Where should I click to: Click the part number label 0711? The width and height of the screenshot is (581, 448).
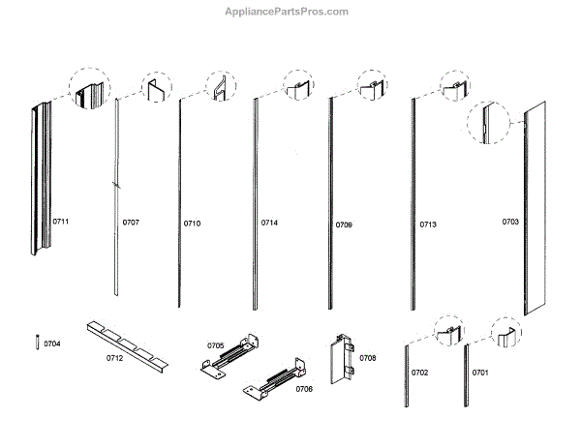coord(61,223)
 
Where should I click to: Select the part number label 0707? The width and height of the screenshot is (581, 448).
coord(131,224)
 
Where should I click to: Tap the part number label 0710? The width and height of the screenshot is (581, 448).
coord(192,224)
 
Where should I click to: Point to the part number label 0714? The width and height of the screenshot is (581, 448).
coord(269,224)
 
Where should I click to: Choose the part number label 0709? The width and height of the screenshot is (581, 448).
coord(344,224)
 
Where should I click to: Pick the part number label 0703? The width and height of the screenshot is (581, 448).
coord(510,223)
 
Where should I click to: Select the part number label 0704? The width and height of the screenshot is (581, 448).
coord(51,343)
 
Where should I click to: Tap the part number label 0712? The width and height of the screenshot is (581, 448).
coord(114,358)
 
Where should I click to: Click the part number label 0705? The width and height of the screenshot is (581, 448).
coord(215,344)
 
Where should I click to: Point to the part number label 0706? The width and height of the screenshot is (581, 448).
coord(304,389)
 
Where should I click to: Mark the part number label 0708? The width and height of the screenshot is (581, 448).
coord(368,358)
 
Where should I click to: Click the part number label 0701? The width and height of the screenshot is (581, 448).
coord(480,373)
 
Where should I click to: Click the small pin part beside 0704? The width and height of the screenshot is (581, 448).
coord(36,343)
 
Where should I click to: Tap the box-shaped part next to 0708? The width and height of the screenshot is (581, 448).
coord(341,359)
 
